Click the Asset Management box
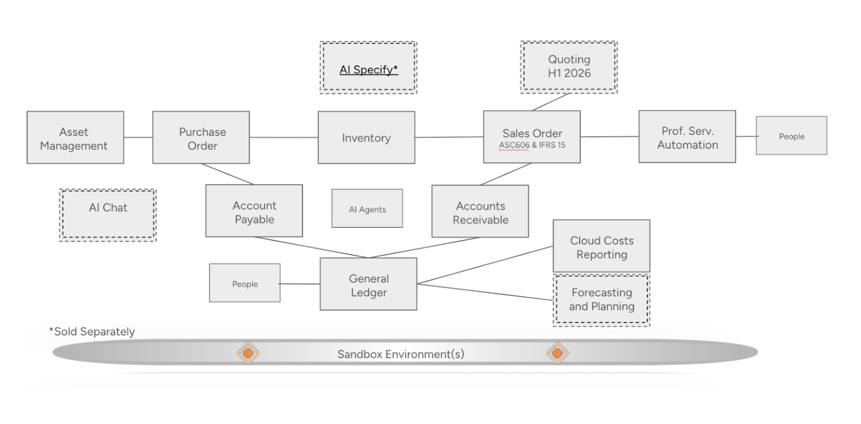click(75, 137)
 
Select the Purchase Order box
click(201, 137)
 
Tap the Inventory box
click(366, 137)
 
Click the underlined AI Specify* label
click(369, 70)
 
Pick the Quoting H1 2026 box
click(569, 67)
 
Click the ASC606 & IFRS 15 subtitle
click(532, 145)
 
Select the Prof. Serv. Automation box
click(687, 136)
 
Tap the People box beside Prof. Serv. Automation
click(791, 135)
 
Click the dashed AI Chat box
click(108, 215)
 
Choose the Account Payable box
click(254, 211)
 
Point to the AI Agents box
click(367, 208)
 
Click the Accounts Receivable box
click(480, 211)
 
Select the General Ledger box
click(369, 284)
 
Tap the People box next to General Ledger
click(245, 283)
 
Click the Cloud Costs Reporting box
click(602, 246)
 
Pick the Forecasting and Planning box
click(602, 301)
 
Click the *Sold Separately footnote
click(92, 332)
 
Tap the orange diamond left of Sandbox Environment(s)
click(248, 353)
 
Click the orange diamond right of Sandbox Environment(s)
click(557, 353)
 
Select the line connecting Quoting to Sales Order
click(550, 102)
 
